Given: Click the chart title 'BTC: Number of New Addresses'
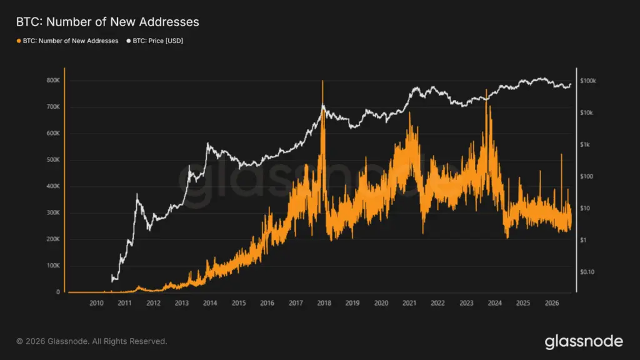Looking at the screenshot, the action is [107, 22].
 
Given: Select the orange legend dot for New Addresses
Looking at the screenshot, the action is [19, 41].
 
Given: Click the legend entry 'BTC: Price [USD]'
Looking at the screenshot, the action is [155, 41].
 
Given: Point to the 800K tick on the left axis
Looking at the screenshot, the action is [53, 81].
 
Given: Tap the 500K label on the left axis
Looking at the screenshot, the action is [53, 159].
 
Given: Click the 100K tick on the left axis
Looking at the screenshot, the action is [53, 266].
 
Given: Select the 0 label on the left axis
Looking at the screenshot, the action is [58, 292].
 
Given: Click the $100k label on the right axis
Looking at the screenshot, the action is [587, 81].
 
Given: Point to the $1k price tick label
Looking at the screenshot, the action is [584, 144].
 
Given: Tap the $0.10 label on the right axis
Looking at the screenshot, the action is [587, 272].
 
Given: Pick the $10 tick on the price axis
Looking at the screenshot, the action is [585, 208].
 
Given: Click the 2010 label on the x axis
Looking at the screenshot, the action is [96, 303].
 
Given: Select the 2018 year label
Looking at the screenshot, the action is [324, 303].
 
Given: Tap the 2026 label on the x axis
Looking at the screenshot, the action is [552, 303].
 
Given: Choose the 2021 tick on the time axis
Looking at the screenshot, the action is [409, 303].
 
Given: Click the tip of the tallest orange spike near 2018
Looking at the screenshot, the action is [322, 81].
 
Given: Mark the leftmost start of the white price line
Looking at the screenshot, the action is [112, 276].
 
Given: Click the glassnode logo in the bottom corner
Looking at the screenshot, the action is [584, 342].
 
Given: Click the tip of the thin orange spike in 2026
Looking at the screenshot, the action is [561, 154].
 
